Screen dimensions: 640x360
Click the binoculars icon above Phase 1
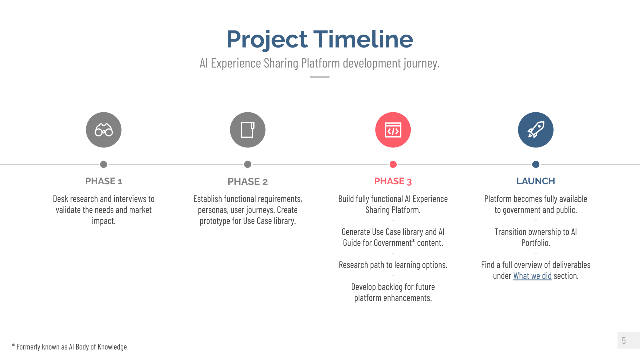click(104, 130)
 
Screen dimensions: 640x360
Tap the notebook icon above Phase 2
click(248, 130)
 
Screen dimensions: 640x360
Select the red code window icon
click(393, 130)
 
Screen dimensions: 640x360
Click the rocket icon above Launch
click(536, 130)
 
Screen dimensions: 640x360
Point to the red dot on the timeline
click(393, 164)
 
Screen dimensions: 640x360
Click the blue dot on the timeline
click(536, 164)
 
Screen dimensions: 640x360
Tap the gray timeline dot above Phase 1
click(104, 164)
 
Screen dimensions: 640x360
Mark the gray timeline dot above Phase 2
click(248, 164)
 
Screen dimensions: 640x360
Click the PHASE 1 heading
click(104, 181)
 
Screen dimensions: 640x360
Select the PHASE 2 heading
click(248, 181)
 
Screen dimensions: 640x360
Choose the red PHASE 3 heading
click(393, 181)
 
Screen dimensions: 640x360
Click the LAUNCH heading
click(536, 181)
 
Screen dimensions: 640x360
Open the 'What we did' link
click(532, 276)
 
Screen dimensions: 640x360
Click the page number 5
click(624, 340)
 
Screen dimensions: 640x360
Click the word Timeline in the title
click(363, 39)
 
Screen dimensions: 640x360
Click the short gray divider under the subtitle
click(320, 77)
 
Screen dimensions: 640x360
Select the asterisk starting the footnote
click(13, 345)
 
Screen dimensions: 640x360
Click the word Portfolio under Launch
click(536, 243)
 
